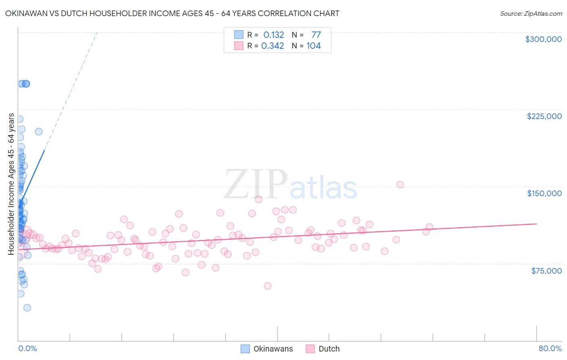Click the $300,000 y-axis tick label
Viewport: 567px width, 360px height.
click(x=543, y=39)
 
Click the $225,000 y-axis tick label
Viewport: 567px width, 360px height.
click(x=544, y=116)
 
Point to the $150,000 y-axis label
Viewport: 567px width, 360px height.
click(x=544, y=193)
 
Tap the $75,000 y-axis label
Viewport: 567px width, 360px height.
click(x=546, y=271)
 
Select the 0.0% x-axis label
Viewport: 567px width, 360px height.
click(x=27, y=349)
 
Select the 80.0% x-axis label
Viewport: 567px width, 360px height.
click(x=550, y=349)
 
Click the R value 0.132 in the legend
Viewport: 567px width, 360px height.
click(x=274, y=35)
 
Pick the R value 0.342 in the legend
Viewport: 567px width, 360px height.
click(x=273, y=46)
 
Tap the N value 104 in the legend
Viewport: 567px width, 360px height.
click(x=313, y=46)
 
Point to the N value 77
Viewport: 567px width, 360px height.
click(x=316, y=35)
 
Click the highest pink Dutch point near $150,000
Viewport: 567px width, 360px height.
click(x=400, y=184)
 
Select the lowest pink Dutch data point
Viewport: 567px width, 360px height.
click(x=267, y=286)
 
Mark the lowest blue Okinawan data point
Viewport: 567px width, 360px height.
click(x=27, y=308)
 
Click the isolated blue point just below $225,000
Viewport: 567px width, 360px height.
click(x=39, y=132)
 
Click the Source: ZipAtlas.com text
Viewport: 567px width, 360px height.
click(x=531, y=14)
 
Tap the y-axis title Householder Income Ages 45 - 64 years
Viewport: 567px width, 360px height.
click(x=11, y=184)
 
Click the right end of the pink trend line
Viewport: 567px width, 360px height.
click(x=536, y=224)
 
